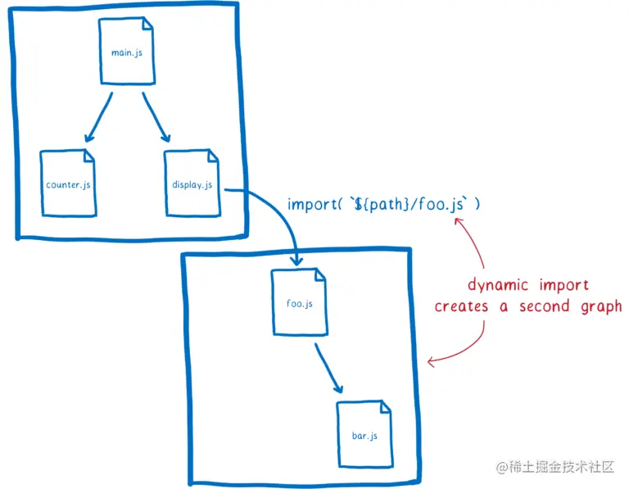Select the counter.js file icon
(x=69, y=183)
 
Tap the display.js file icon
(x=191, y=183)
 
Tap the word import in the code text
(x=309, y=204)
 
